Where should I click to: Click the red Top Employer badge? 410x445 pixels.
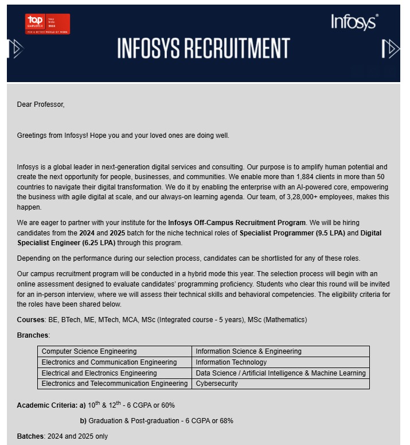[48, 24]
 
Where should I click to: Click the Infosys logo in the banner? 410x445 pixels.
[354, 22]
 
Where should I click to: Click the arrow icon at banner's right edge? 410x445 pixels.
[392, 49]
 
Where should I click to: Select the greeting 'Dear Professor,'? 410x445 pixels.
[41, 105]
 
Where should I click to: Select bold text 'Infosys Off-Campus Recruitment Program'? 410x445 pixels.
[237, 222]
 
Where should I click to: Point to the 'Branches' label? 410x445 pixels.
[33, 335]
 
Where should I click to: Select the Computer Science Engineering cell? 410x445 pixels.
[89, 351]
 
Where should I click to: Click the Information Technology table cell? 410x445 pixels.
[231, 362]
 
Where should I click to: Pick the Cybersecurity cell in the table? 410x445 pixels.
[217, 384]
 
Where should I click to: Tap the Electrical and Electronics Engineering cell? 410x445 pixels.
[99, 373]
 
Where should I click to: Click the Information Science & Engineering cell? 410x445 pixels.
[248, 351]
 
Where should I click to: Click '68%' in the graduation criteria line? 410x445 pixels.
[225, 421]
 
